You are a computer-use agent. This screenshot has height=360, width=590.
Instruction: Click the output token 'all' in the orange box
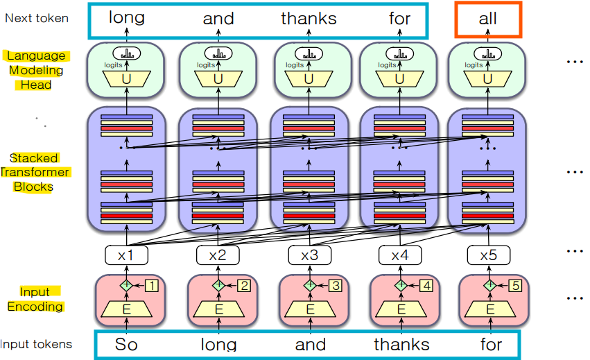tap(488, 19)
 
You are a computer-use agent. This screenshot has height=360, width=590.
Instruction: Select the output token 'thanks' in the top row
tap(309, 19)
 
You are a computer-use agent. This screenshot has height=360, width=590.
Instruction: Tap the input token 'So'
tap(127, 344)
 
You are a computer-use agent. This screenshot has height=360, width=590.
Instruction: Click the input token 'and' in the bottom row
tap(310, 344)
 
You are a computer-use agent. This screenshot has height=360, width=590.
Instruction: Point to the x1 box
tap(126, 255)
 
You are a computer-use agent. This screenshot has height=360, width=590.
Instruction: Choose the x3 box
tap(309, 255)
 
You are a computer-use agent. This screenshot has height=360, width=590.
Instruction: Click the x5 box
tap(488, 255)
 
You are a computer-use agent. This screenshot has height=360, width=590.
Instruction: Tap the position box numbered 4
tap(426, 285)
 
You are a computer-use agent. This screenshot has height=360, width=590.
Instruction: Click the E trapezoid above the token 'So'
tap(127, 308)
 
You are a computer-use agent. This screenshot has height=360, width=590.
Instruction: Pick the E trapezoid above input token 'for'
tap(490, 308)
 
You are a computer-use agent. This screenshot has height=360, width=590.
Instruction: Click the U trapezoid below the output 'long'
tap(127, 79)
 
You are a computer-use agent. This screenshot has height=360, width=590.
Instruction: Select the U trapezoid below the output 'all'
tap(488, 79)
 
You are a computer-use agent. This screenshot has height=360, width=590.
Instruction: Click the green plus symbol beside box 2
tap(218, 285)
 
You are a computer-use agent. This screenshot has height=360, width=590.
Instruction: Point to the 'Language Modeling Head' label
tap(36, 70)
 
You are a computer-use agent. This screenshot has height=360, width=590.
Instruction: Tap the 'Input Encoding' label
tap(35, 299)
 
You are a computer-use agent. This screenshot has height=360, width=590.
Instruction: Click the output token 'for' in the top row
tap(400, 19)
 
